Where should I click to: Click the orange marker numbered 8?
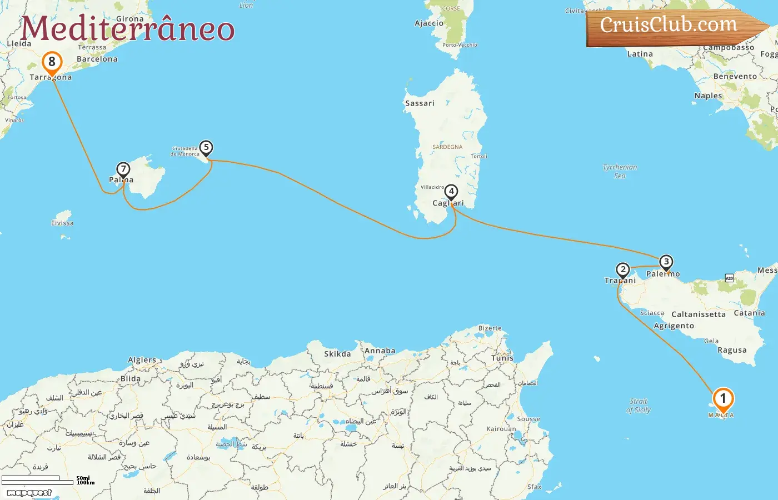[x=52, y=62]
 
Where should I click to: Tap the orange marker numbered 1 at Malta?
[x=723, y=399]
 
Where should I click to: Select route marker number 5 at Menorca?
[x=206, y=148]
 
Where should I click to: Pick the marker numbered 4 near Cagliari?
[x=451, y=192]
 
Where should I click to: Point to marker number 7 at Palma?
[x=123, y=169]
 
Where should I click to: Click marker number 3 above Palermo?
[x=666, y=262]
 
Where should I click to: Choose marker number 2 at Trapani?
[x=623, y=270]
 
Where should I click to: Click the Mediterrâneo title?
[x=128, y=29]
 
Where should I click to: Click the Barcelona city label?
[x=97, y=59]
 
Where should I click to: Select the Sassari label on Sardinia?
[x=420, y=103]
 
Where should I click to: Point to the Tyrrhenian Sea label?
[x=620, y=171]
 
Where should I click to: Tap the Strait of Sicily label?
[x=639, y=406]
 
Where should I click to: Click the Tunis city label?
[x=502, y=358]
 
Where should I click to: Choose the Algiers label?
[x=142, y=360]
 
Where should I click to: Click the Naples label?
[x=708, y=96]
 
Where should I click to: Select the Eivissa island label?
[x=62, y=223]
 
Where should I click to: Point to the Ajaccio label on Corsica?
[x=429, y=23]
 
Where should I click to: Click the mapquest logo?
[x=29, y=492]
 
